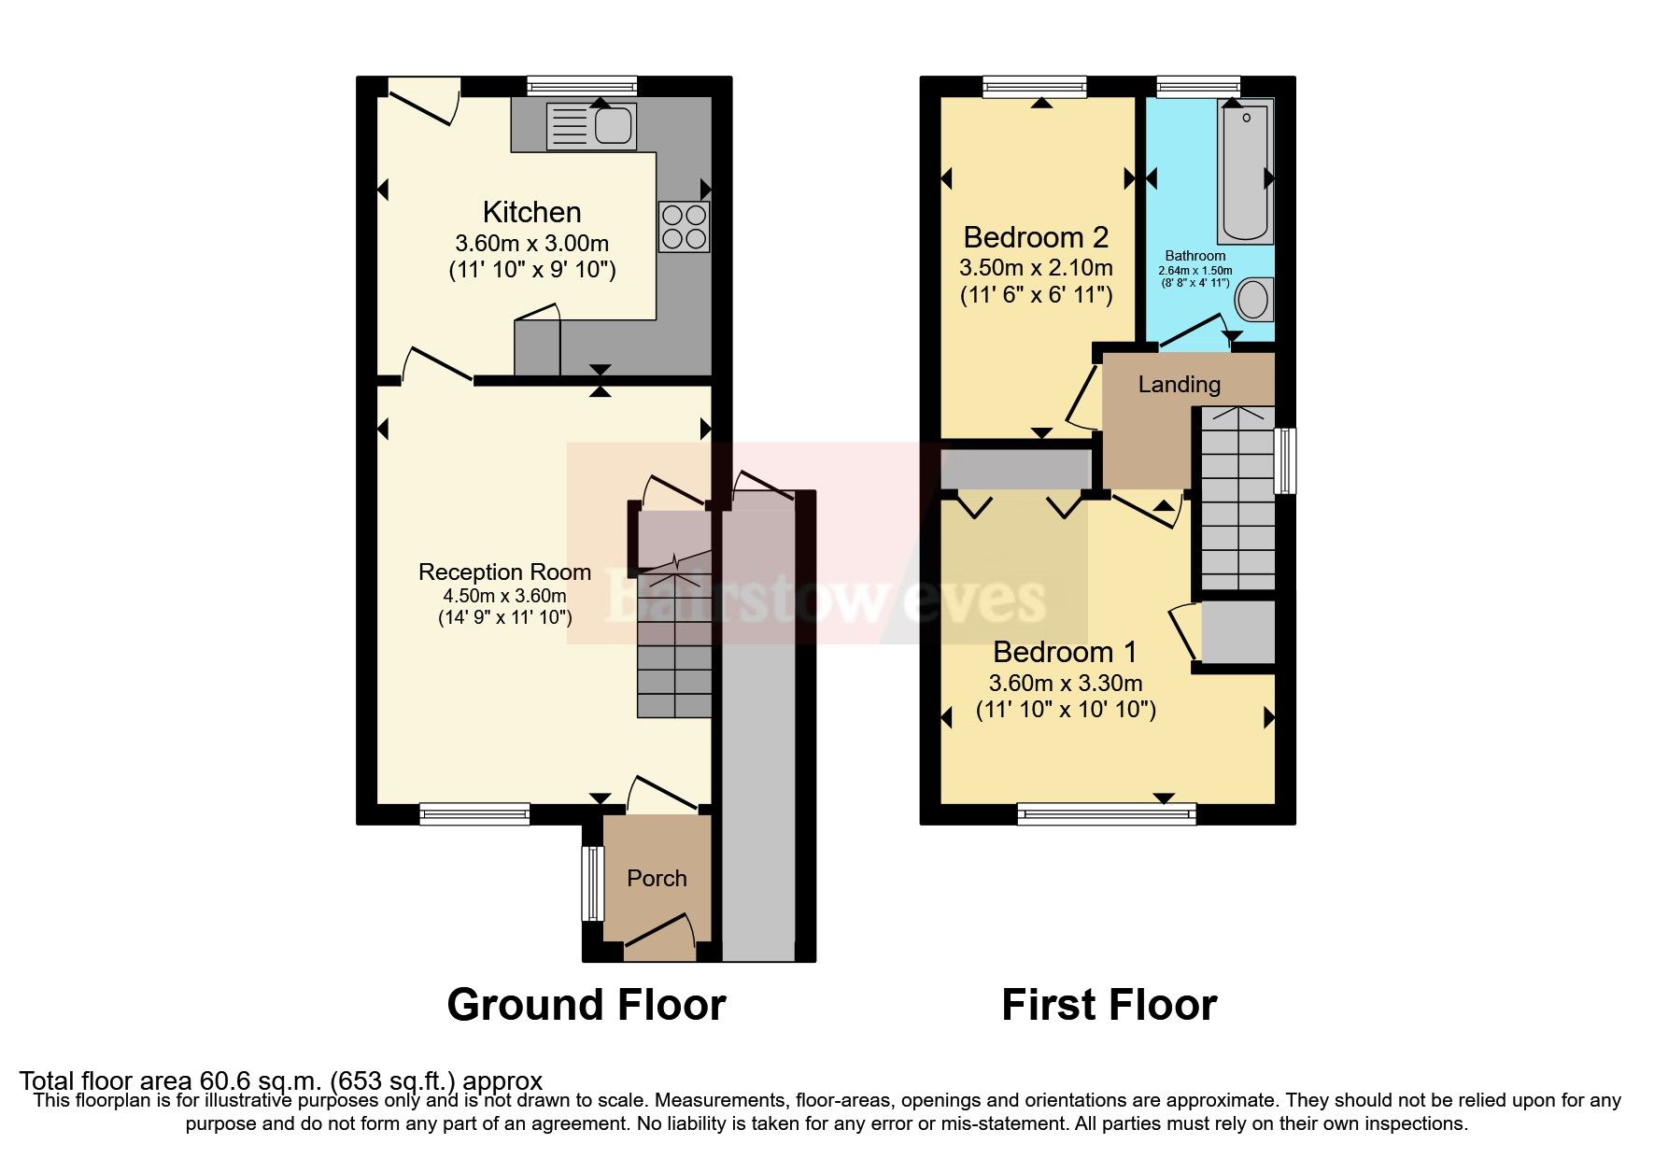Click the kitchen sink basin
[x=614, y=126]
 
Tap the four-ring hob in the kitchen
[x=684, y=226]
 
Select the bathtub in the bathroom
[x=1244, y=174]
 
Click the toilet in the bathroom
[x=1252, y=300]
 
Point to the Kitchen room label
[x=531, y=212]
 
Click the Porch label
[x=657, y=879]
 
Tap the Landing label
[x=1179, y=385]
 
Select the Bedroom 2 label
[x=1036, y=237]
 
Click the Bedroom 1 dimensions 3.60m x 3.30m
[x=1066, y=684]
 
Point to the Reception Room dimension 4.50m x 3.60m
[x=504, y=596]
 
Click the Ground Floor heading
[x=586, y=1006]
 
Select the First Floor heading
[x=1109, y=1006]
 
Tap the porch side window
[x=591, y=883]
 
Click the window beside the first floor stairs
[x=1286, y=460]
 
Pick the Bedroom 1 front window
[x=1107, y=814]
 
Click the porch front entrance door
[x=659, y=936]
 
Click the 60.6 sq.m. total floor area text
[x=280, y=1081]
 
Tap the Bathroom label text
[x=1195, y=256]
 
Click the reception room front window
[x=474, y=814]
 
